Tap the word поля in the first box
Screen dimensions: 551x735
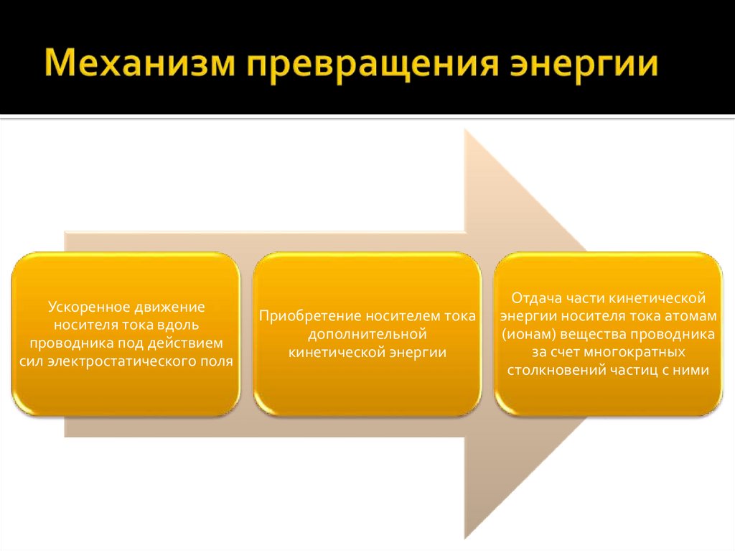click(217, 361)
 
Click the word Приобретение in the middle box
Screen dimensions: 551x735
click(310, 316)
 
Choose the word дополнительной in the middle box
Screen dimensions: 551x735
click(367, 334)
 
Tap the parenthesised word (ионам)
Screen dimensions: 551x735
click(528, 334)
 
